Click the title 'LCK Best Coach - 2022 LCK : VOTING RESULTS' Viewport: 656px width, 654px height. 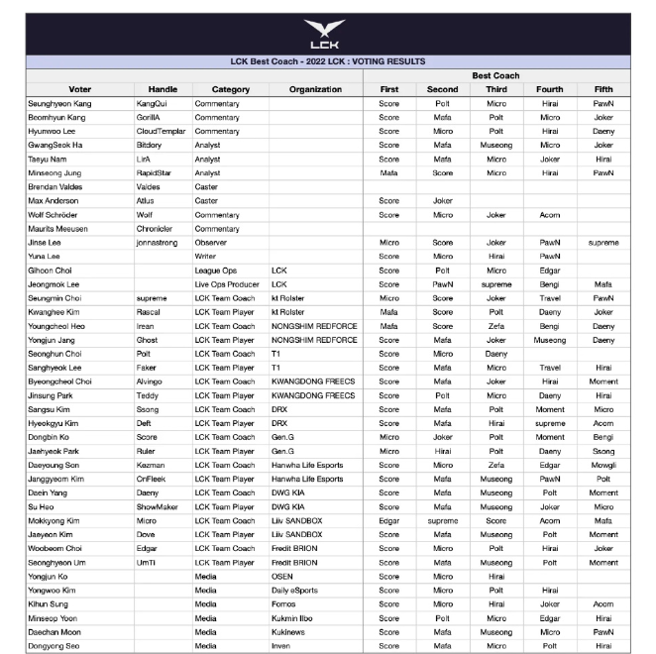click(x=327, y=61)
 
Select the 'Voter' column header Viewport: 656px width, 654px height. click(x=80, y=89)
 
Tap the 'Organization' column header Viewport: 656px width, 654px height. click(x=315, y=89)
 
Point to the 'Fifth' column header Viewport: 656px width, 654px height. click(x=603, y=89)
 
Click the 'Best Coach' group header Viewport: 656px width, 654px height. click(x=495, y=75)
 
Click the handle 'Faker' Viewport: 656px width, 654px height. click(x=148, y=367)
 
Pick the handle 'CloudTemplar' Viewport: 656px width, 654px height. click(x=162, y=131)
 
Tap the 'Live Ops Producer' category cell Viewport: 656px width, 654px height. click(x=227, y=283)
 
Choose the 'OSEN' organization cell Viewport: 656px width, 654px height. click(x=282, y=576)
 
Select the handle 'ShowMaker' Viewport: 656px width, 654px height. click(x=158, y=506)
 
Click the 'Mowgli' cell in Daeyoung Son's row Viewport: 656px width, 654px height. click(x=603, y=465)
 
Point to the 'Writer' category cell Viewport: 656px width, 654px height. click(x=207, y=256)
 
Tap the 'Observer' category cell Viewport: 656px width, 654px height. click(x=212, y=242)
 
